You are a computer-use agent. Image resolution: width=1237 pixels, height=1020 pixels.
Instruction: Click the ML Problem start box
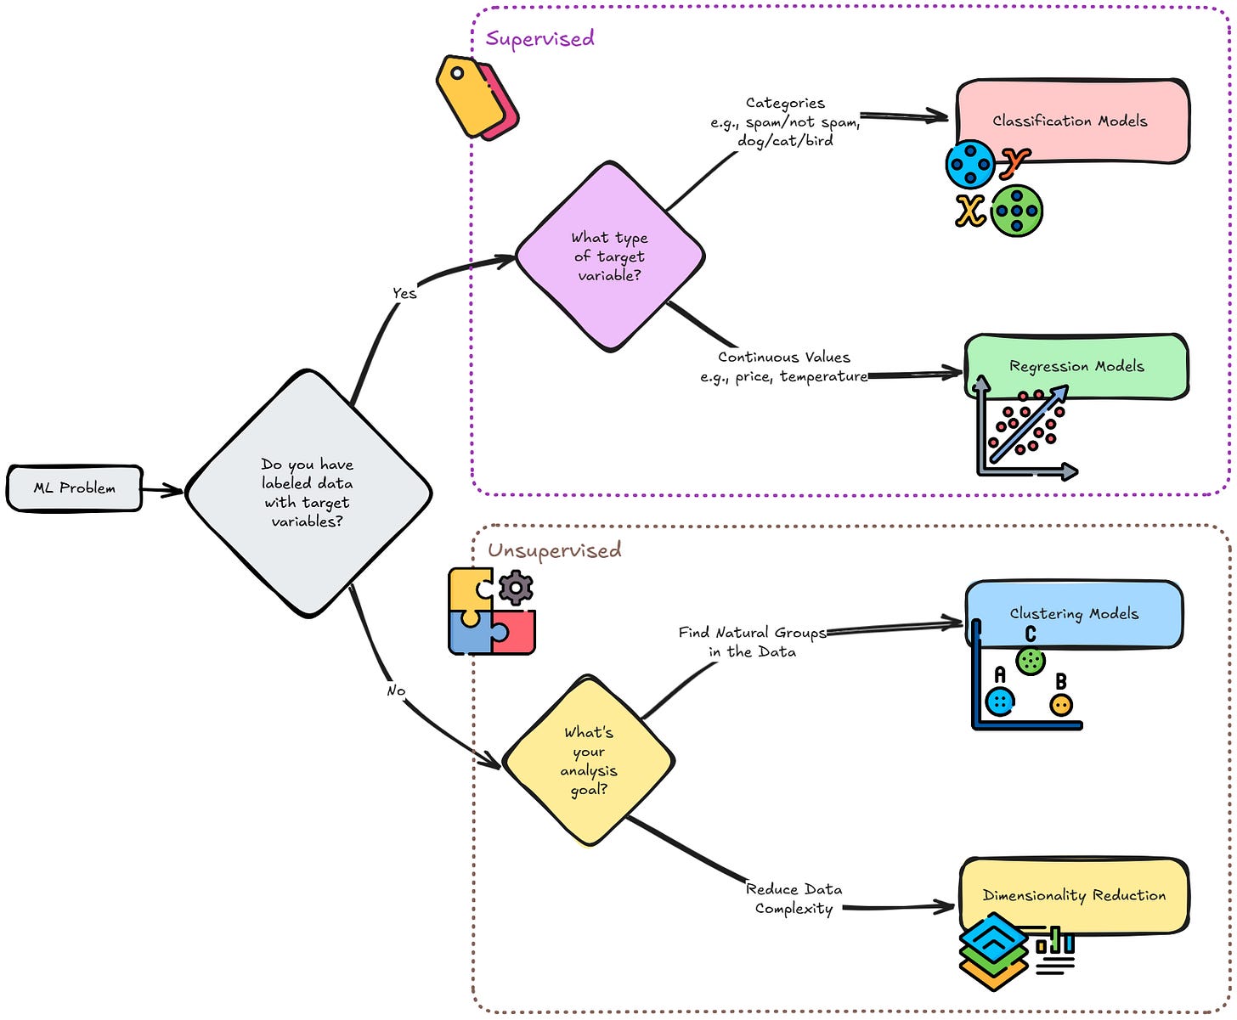(x=75, y=488)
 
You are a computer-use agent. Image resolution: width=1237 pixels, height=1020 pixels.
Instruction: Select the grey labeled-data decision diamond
(x=308, y=493)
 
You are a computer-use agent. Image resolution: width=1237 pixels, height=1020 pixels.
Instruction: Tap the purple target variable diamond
(x=609, y=256)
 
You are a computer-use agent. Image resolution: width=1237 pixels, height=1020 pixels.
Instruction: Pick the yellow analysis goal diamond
(x=588, y=761)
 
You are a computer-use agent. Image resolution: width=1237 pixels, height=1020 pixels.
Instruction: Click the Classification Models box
(x=1070, y=120)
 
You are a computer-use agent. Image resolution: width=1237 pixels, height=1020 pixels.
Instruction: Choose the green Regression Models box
(x=1076, y=366)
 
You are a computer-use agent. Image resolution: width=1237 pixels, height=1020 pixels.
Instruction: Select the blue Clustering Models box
(x=1074, y=613)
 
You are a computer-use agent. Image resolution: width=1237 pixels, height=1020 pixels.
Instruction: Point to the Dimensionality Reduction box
(x=1074, y=895)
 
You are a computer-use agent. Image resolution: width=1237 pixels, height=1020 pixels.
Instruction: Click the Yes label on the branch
(x=404, y=293)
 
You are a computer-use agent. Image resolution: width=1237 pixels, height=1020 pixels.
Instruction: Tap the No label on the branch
(x=396, y=690)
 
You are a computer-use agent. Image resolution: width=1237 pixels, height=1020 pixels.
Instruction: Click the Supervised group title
(x=539, y=38)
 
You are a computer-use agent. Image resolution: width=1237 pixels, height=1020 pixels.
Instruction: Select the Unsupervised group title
(x=554, y=550)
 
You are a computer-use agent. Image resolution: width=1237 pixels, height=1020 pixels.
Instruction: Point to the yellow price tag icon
(x=466, y=96)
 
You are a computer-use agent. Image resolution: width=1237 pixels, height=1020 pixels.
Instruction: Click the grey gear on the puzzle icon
(x=516, y=588)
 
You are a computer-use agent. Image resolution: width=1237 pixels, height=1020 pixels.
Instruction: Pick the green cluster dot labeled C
(x=1031, y=661)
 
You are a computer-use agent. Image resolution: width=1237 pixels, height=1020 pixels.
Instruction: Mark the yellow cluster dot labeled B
(x=1061, y=705)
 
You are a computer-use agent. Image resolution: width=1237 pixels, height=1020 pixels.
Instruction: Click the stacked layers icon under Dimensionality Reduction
(x=994, y=950)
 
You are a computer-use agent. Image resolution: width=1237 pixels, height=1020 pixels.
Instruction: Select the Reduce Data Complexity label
(x=794, y=899)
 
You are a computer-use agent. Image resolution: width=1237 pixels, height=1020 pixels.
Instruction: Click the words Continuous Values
(x=783, y=358)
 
